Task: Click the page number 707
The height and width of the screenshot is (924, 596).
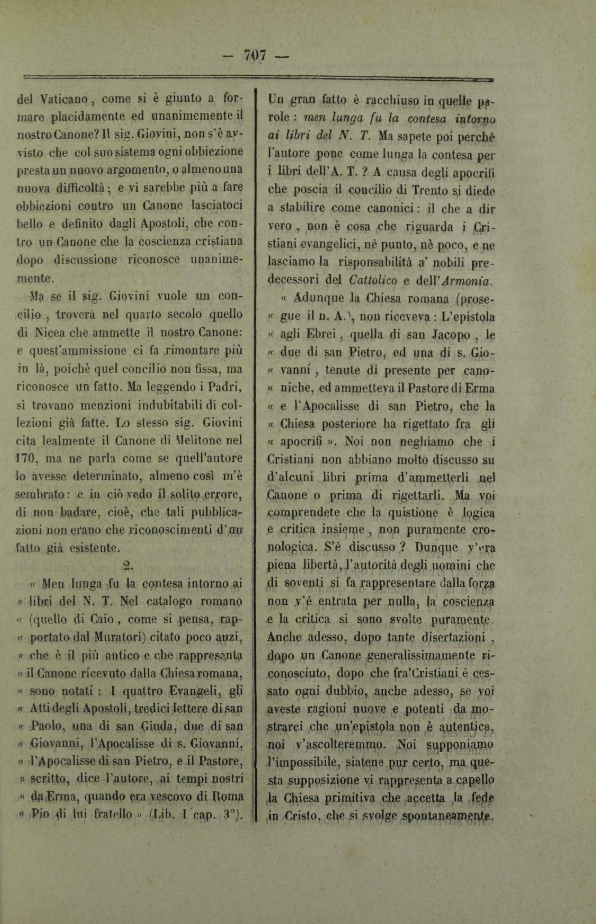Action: (254, 56)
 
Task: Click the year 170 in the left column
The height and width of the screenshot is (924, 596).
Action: (27, 459)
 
